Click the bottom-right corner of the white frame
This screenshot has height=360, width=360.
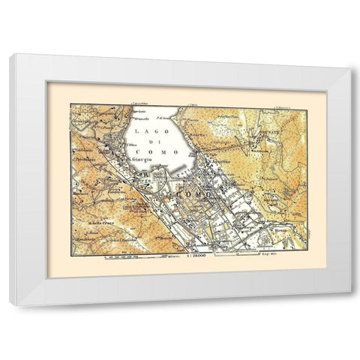[349, 304]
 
